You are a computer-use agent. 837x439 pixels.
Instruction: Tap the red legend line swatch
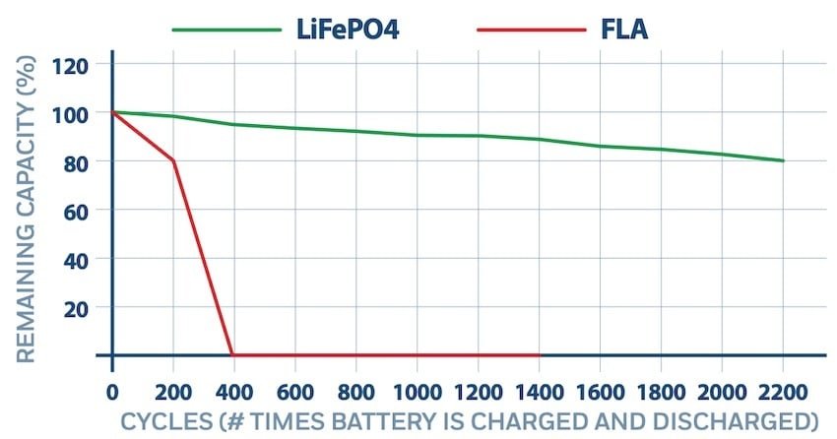(531, 31)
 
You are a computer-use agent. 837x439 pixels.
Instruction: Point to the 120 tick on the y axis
(76, 66)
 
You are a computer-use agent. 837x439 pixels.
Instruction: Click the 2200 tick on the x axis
(783, 388)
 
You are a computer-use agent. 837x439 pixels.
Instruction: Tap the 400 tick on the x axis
(233, 388)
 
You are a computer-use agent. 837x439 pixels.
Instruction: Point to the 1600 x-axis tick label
(600, 388)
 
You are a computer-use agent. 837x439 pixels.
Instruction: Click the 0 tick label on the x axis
(112, 388)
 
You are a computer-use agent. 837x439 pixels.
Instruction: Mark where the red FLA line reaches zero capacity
(232, 355)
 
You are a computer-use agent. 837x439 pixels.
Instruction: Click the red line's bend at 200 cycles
(173, 160)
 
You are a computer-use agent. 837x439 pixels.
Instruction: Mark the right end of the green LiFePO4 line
(784, 160)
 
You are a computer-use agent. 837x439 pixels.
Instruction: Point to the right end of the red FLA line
(540, 355)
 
